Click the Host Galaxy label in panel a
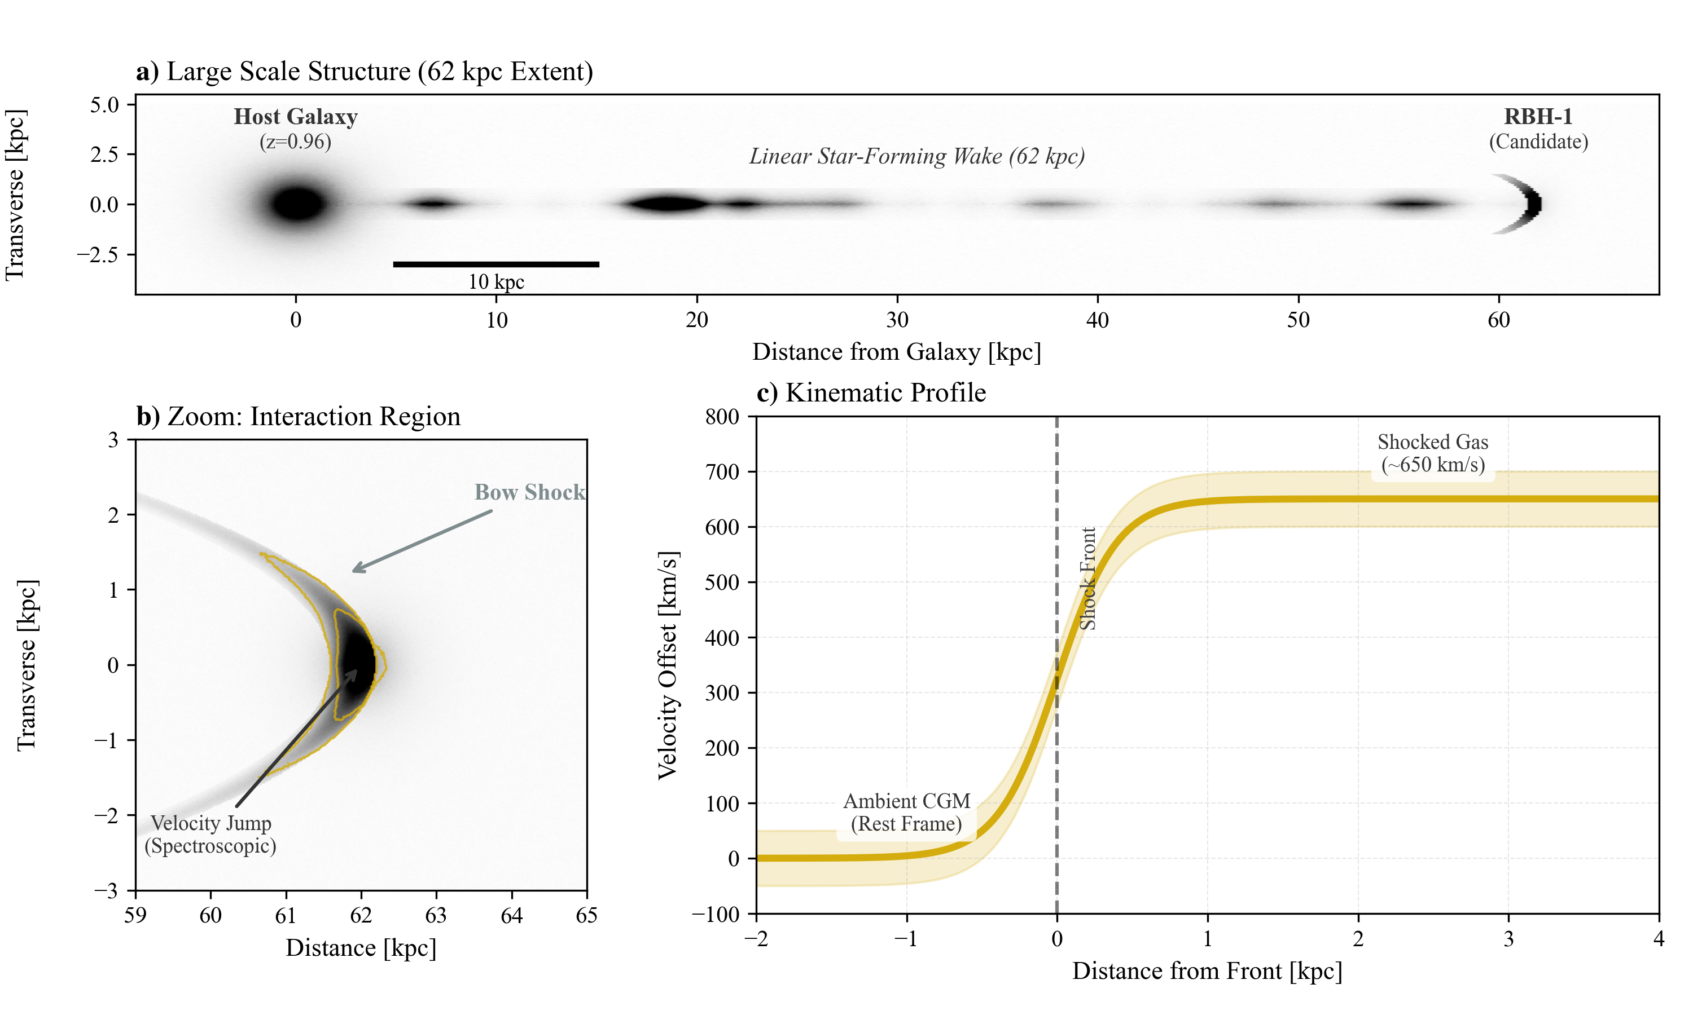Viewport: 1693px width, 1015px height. pyautogui.click(x=296, y=117)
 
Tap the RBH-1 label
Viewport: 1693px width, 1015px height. pyautogui.click(x=1538, y=117)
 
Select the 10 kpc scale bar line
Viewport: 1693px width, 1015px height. pyautogui.click(x=496, y=264)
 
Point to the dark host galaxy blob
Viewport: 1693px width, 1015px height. pyautogui.click(x=297, y=204)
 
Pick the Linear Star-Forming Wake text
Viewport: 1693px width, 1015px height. pyautogui.click(x=916, y=157)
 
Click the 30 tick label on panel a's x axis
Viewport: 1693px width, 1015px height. pyautogui.click(x=897, y=319)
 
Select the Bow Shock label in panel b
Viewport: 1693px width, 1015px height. pyautogui.click(x=530, y=492)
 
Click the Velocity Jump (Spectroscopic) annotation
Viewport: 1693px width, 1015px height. pyautogui.click(x=210, y=835)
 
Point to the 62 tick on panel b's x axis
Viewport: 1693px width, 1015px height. pyautogui.click(x=361, y=915)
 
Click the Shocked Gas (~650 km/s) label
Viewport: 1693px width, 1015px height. pyautogui.click(x=1432, y=453)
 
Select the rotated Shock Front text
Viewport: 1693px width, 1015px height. pyautogui.click(x=1087, y=578)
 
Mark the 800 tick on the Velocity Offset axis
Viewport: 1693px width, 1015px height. pyautogui.click(x=723, y=417)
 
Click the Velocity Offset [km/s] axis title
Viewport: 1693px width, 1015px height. pyautogui.click(x=667, y=665)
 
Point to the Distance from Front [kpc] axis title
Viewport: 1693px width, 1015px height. pyautogui.click(x=1207, y=971)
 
